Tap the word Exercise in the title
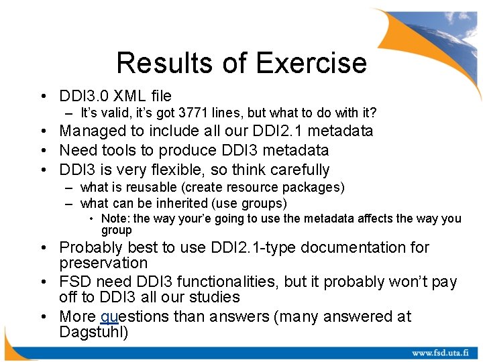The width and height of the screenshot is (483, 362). tap(311, 63)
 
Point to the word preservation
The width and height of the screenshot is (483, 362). tap(103, 263)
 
